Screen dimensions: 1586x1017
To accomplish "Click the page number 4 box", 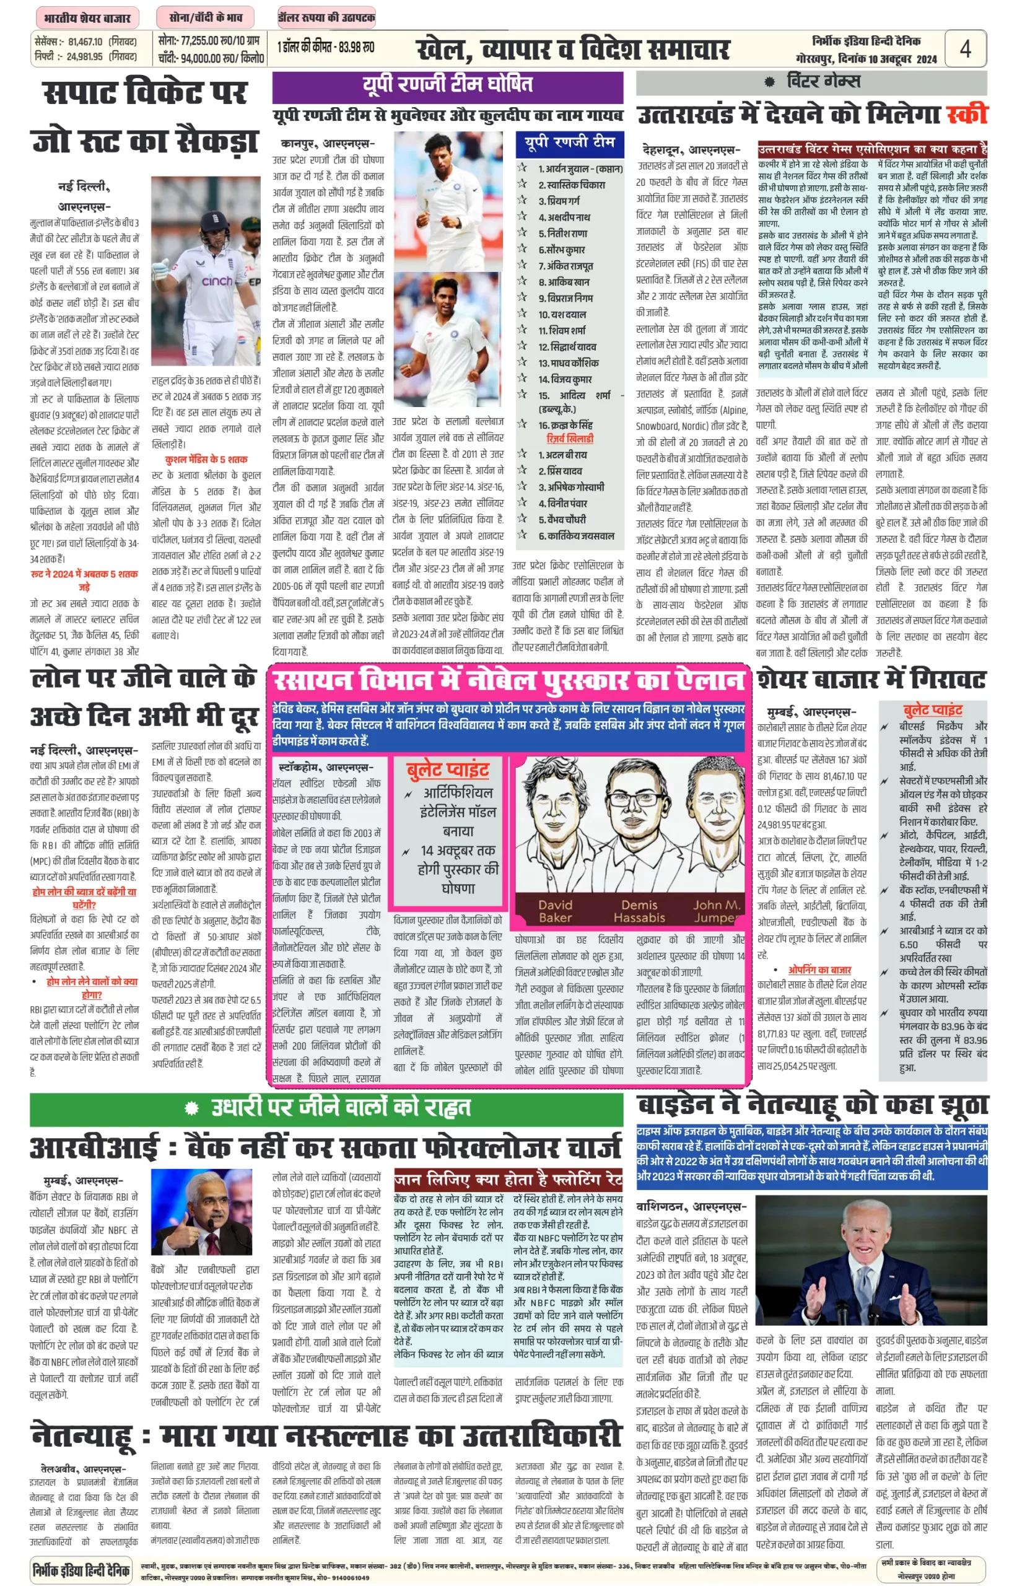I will tap(965, 49).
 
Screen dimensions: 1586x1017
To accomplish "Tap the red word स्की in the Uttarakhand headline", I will tap(967, 115).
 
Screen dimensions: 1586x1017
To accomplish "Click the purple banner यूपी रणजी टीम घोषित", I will tap(447, 84).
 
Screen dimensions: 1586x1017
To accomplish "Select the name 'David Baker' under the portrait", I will tap(556, 911).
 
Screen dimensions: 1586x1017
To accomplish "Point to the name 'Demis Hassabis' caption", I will tap(639, 911).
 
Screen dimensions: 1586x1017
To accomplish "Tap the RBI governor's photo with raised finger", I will tap(201, 1212).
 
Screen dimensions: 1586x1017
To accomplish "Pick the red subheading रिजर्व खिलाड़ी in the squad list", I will tap(570, 439).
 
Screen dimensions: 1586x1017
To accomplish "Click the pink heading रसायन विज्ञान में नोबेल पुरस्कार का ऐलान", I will tap(508, 680).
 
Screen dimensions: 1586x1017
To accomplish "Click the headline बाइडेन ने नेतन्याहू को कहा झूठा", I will tap(811, 1105).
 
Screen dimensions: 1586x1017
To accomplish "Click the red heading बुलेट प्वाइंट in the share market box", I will tap(933, 710).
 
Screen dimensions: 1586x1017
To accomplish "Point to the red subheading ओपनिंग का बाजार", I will tap(819, 970).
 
